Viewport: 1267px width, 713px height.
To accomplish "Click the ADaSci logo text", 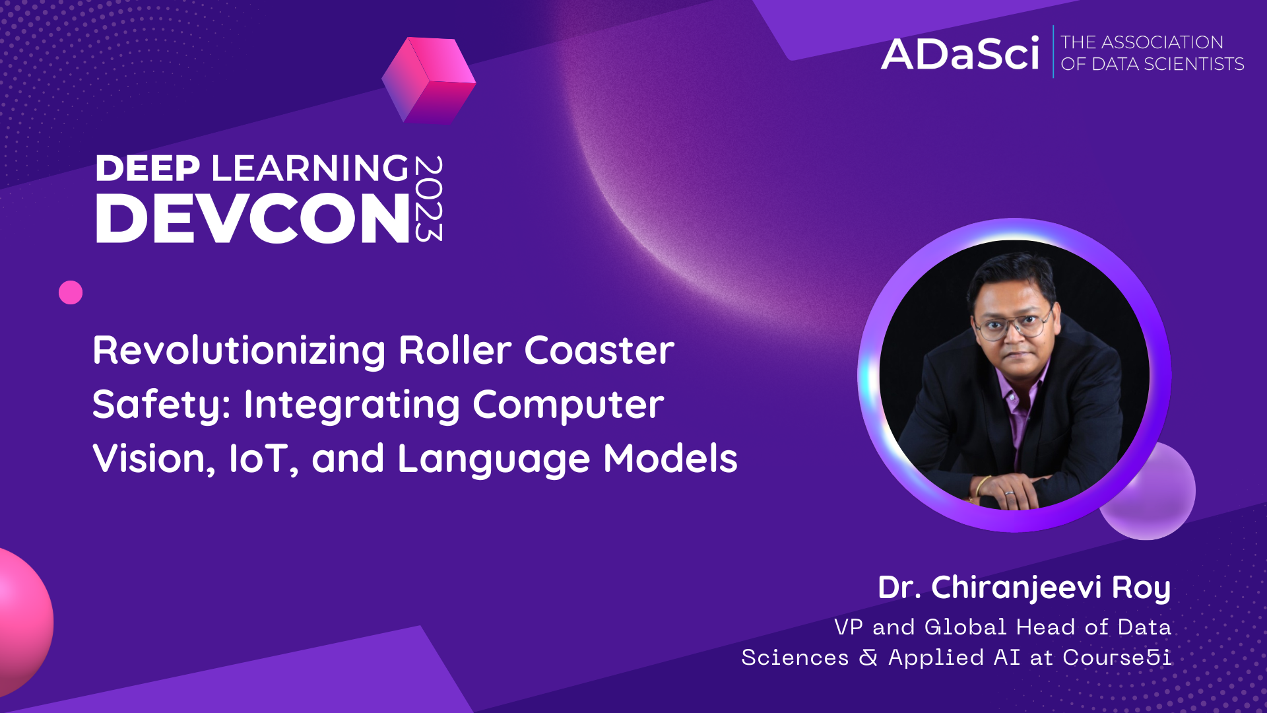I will coord(960,54).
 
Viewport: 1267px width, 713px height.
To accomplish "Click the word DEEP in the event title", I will coord(148,168).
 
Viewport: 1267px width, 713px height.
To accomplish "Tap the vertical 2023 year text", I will coord(428,199).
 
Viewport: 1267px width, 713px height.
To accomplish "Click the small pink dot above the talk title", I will coord(71,292).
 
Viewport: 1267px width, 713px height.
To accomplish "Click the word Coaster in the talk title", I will coord(599,350).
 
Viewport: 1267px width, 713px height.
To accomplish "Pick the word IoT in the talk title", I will coord(259,459).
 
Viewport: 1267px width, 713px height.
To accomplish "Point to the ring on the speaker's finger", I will coord(1008,492).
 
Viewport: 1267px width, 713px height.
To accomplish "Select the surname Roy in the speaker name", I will coord(1141,588).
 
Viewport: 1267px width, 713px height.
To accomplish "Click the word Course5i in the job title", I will coord(1117,658).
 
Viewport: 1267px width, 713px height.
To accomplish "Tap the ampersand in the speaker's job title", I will coord(868,658).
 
